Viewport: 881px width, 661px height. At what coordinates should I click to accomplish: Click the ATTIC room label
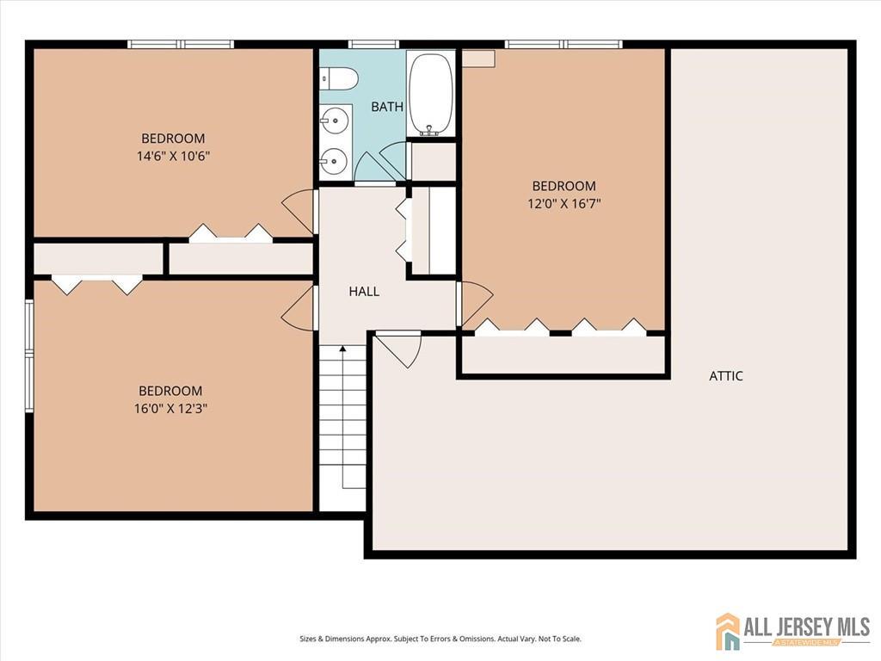pos(726,375)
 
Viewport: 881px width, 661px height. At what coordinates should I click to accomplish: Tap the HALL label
pos(364,291)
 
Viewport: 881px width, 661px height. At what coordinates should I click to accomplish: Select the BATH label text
pos(387,106)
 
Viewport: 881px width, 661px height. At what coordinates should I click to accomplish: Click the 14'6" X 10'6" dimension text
pos(173,156)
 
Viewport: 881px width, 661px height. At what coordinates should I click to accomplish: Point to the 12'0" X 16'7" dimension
pos(564,203)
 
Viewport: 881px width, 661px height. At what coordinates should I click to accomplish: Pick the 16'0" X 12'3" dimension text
pos(171,408)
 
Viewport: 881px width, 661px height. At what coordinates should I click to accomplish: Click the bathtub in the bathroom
pos(430,95)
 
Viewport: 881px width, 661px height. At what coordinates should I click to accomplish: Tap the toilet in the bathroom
pos(339,78)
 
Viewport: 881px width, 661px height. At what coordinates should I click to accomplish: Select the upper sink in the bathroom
pos(335,120)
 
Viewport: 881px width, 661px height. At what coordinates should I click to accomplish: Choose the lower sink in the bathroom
pos(335,161)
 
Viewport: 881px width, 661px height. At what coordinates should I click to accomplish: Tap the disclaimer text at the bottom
pos(440,639)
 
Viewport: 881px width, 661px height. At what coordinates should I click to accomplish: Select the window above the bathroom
pos(373,44)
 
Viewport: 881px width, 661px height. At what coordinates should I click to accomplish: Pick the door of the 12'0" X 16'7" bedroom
pos(475,304)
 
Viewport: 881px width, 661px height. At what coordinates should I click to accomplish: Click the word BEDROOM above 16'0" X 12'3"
pos(171,391)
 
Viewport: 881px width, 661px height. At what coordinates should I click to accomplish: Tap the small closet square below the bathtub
pos(434,163)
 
